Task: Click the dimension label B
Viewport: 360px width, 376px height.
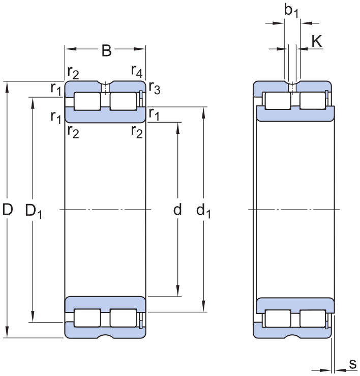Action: [x=106, y=50]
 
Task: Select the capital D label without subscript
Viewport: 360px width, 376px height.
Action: [x=7, y=210]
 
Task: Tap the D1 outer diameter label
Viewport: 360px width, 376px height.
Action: [x=34, y=211]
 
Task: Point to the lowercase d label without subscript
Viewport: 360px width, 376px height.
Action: [x=177, y=210]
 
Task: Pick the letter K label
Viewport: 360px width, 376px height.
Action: [x=316, y=41]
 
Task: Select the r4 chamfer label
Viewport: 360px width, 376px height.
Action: [x=137, y=71]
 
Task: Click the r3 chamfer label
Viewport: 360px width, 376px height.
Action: [x=155, y=90]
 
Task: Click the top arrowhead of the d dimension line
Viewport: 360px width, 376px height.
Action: [x=177, y=127]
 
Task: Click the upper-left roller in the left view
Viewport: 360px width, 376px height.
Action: [x=87, y=101]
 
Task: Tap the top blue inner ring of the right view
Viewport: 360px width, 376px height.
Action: [x=295, y=114]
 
